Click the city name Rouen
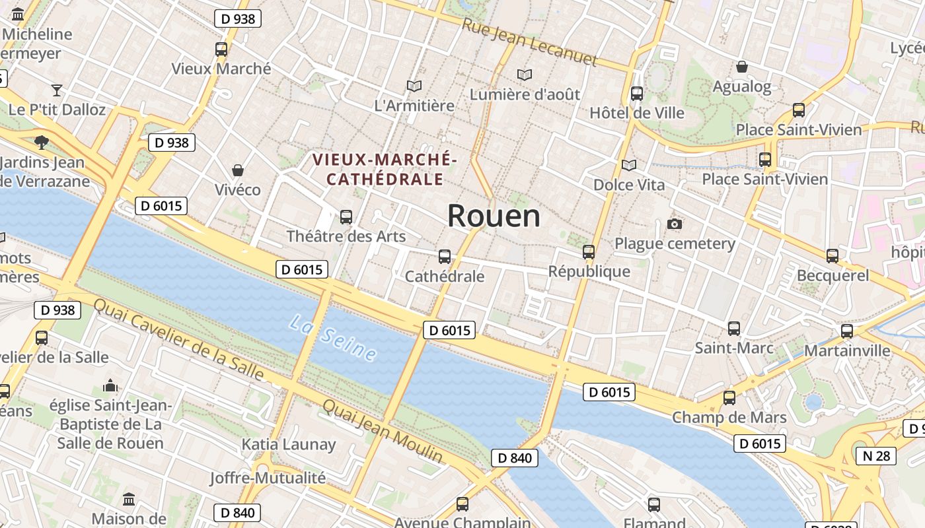point(494,216)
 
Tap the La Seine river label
point(333,338)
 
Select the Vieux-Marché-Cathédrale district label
point(385,169)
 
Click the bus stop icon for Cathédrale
point(445,257)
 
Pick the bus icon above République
point(589,251)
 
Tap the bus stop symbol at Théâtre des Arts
point(346,216)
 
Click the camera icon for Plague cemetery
point(675,224)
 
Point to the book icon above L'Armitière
point(414,86)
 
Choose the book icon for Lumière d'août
point(525,75)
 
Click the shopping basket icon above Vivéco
point(238,170)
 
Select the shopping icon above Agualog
point(742,67)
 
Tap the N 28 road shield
point(877,455)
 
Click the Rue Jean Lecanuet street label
point(529,42)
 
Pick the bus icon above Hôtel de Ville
point(637,94)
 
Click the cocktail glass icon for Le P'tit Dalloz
point(57,90)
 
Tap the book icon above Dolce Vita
point(629,165)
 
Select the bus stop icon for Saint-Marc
point(733,328)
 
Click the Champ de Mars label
point(729,417)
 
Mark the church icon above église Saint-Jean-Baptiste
point(110,385)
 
